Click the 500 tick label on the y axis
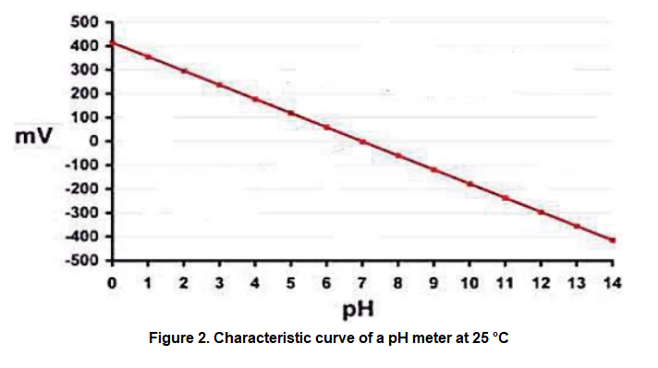(x=89, y=21)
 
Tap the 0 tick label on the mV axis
(x=97, y=141)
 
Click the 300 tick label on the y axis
(x=89, y=69)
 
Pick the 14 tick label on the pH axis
(x=612, y=281)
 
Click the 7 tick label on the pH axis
(x=362, y=281)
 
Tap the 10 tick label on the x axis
(x=469, y=281)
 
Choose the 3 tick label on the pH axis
(x=219, y=281)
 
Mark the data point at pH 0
(x=112, y=43)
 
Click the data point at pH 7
(x=362, y=141)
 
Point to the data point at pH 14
(x=612, y=240)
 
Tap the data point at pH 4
(x=255, y=99)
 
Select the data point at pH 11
(x=505, y=198)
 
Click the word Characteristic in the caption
(x=264, y=338)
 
